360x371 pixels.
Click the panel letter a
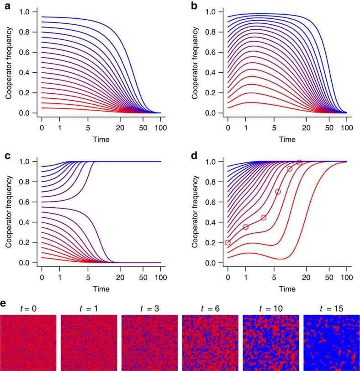pos(4,5)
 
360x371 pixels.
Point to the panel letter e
pos(4,303)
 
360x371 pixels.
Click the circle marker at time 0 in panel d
pos(228,242)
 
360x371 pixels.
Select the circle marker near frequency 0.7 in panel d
pos(278,192)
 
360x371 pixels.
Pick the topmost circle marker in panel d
pos(299,162)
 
